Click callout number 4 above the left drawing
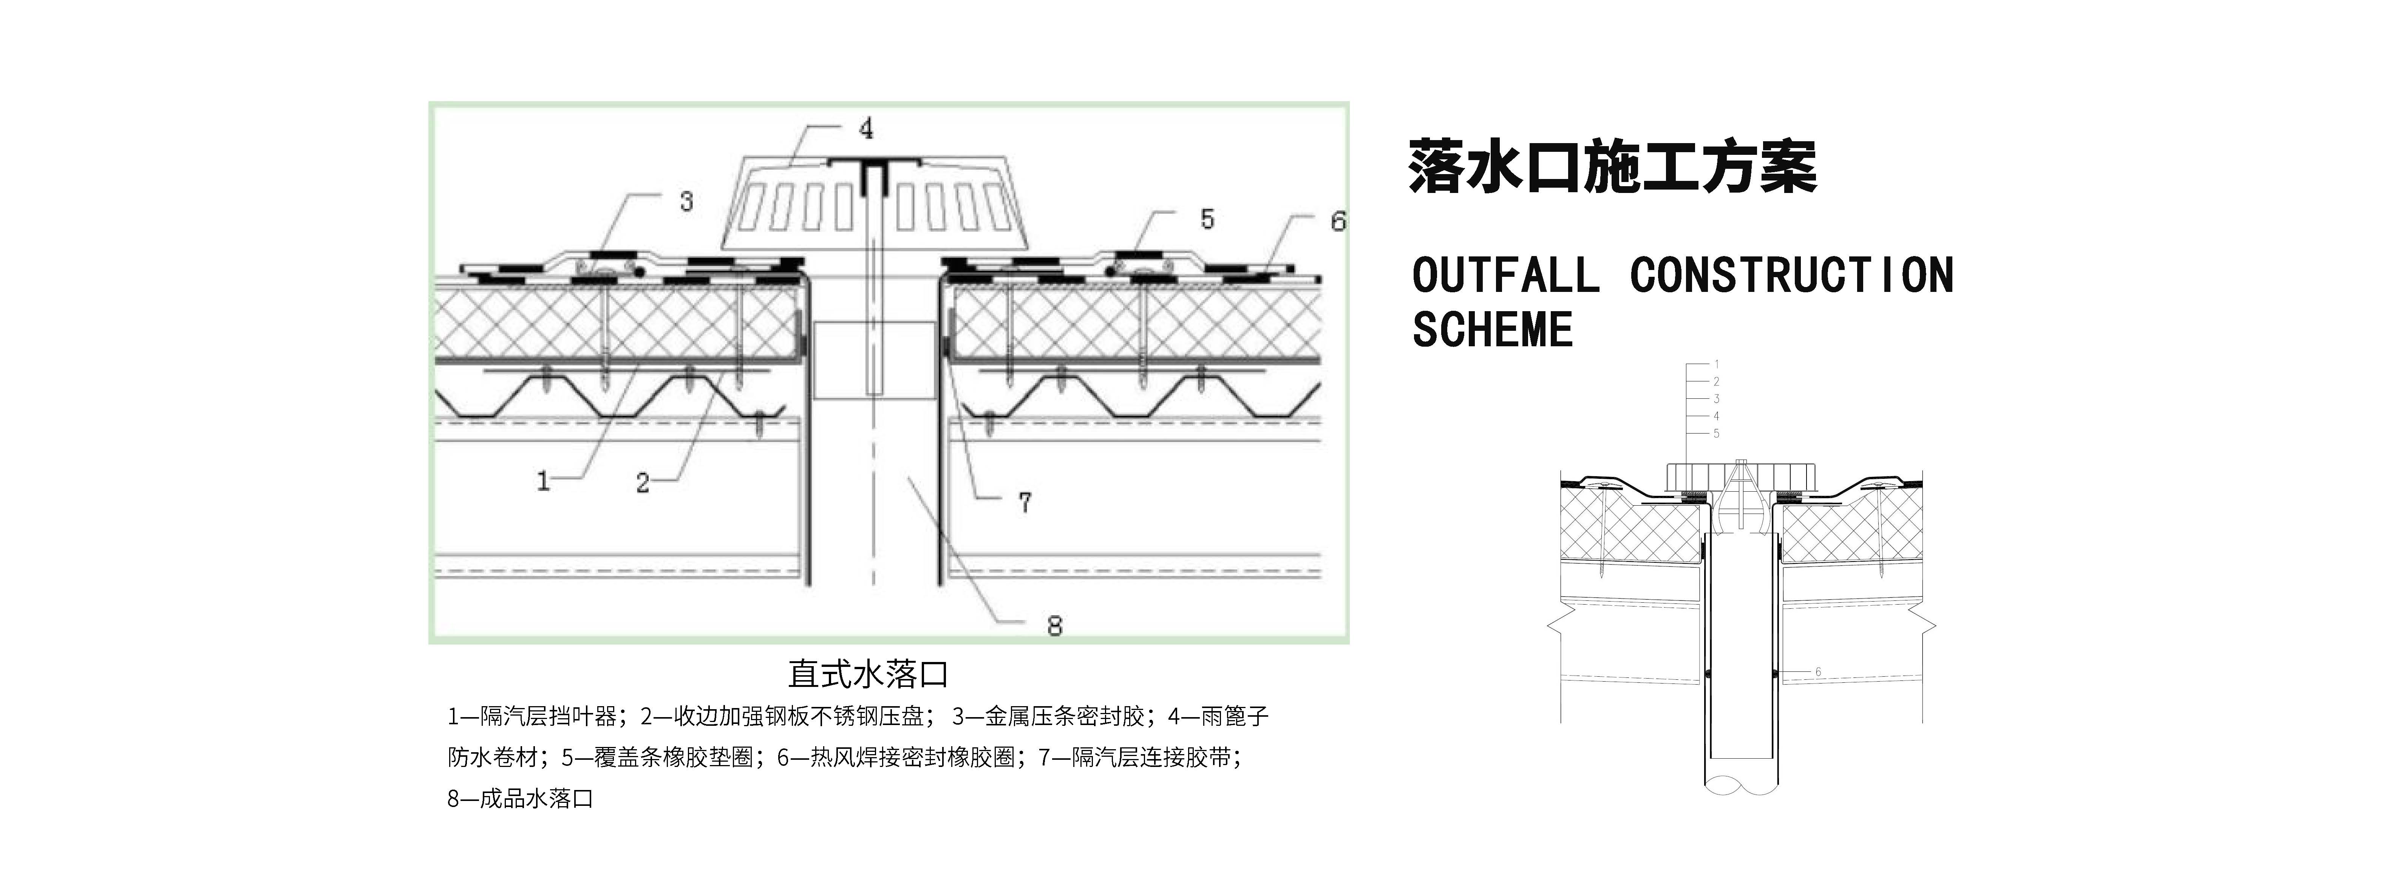(867, 128)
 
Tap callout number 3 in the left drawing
(687, 201)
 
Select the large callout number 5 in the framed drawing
(1207, 220)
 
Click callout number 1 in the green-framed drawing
(543, 481)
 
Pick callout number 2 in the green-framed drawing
(642, 483)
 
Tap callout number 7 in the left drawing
(1025, 503)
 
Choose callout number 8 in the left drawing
(1055, 626)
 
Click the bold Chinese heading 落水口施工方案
(1612, 168)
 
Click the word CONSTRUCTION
(1791, 276)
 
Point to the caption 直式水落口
(867, 673)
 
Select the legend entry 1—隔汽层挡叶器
(531, 716)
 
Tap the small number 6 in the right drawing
(1818, 671)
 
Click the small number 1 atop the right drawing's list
(1716, 364)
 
